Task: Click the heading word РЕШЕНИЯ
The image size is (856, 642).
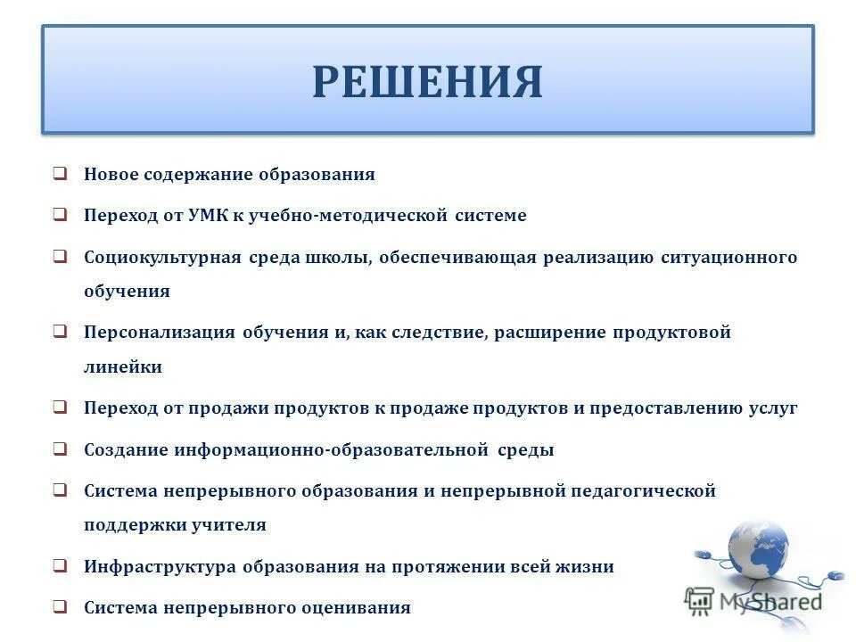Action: tap(427, 81)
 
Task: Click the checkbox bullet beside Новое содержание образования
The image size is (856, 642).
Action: tap(59, 174)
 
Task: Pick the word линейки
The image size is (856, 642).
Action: tap(123, 366)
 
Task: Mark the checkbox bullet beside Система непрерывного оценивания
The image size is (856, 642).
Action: tap(59, 607)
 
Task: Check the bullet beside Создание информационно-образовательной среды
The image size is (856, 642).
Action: tap(59, 449)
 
